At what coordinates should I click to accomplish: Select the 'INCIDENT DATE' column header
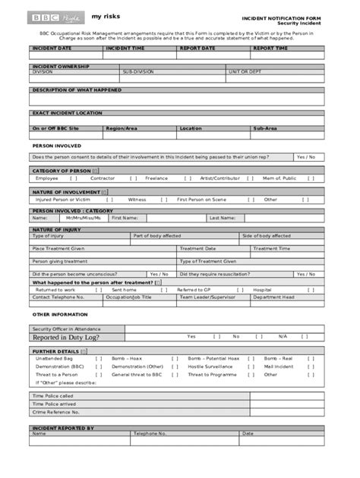point(52,48)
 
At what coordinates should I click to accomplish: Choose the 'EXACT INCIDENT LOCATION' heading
point(67,112)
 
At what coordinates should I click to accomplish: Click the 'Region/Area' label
point(122,128)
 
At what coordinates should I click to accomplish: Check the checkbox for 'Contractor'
point(133,178)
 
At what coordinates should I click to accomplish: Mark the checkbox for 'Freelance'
point(188,178)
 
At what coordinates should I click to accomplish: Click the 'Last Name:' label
point(223,217)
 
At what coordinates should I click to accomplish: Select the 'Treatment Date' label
point(197,248)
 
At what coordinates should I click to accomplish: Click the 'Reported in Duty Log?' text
point(65,337)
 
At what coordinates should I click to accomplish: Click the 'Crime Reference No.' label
point(55,412)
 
